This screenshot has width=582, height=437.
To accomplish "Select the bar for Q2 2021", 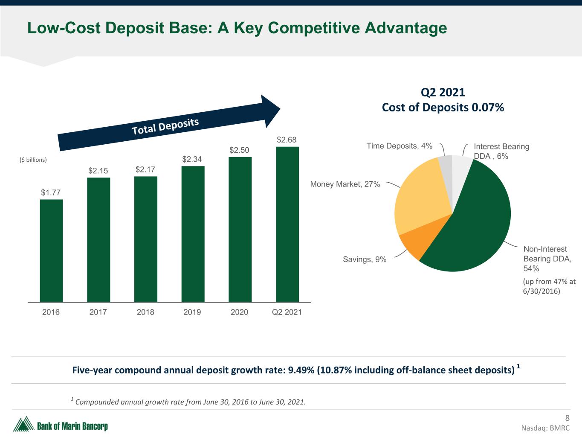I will coord(287,224).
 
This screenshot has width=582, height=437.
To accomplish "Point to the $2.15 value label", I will coord(98,171).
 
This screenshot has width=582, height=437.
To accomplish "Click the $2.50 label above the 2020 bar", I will coord(239,150).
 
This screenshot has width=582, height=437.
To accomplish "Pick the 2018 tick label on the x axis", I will coord(145,312).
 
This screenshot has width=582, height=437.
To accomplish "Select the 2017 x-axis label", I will coord(98,312).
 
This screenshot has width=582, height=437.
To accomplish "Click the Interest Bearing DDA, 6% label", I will coord(501,151).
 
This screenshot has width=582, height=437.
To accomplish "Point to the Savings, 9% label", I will coord(365,259).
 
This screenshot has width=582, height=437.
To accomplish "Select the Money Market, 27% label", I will coord(345,184).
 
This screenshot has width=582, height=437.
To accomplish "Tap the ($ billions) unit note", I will coord(33,160).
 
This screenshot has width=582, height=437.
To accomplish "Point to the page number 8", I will coord(567,418).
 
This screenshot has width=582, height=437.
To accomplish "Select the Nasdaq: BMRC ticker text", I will coord(545,428).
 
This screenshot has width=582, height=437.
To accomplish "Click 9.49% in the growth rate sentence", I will coord(301,370).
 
